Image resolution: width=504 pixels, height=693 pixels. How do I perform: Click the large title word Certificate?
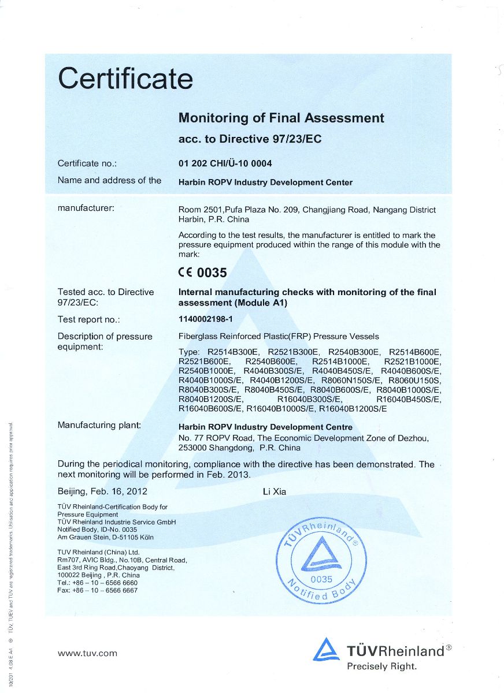tap(125, 79)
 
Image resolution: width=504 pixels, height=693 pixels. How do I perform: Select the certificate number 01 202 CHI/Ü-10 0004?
tap(225, 163)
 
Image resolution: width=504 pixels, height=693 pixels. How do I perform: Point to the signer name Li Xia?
tap(274, 492)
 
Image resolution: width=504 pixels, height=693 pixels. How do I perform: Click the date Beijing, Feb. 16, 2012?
tap(102, 492)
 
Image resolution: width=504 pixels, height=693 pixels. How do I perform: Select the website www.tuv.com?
tap(87, 653)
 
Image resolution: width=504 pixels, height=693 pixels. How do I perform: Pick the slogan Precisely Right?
tap(381, 666)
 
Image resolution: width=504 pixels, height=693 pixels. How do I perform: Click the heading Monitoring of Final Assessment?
tap(281, 118)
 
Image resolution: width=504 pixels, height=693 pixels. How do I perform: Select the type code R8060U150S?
tap(415, 381)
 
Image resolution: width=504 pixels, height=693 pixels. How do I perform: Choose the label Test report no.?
tap(88, 319)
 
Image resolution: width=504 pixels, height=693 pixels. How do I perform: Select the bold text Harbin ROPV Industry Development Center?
tap(265, 182)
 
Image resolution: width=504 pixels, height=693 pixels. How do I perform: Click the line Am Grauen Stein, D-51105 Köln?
tap(106, 537)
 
